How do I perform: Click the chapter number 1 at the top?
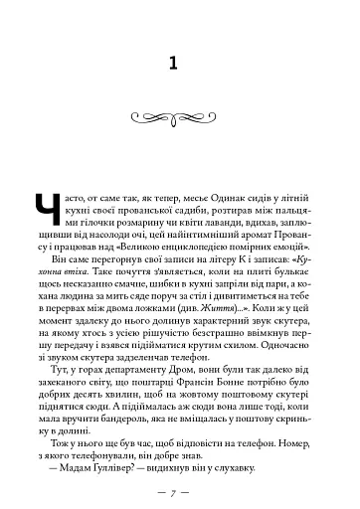179,63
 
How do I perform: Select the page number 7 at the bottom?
179,479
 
